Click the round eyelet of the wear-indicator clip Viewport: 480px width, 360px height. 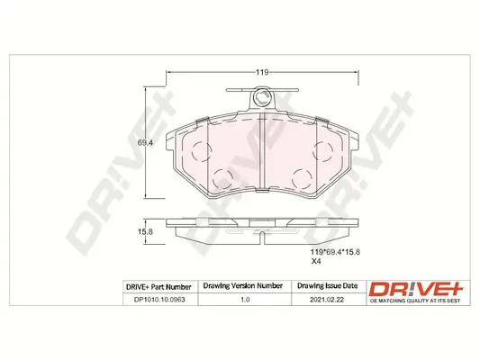(262, 97)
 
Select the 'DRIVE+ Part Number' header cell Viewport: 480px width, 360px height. (159, 285)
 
